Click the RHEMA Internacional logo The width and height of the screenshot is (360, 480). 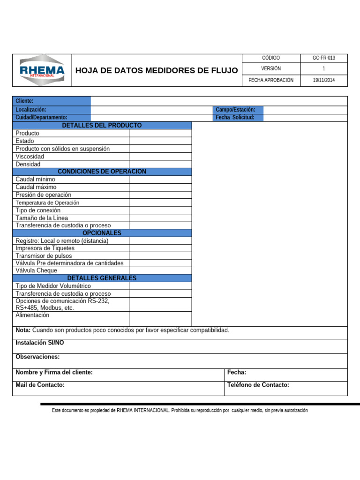42,70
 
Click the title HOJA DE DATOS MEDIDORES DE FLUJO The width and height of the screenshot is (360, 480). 157,70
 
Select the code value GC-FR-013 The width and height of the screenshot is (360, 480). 324,58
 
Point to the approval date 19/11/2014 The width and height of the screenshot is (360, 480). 324,80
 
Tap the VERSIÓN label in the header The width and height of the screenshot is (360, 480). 271,69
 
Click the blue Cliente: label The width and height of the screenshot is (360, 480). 24,101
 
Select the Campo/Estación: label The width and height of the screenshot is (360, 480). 235,110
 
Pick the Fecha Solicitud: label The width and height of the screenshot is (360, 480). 235,117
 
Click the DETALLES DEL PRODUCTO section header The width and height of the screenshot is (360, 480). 102,126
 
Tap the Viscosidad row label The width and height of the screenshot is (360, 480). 30,157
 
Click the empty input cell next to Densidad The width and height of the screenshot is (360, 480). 160,164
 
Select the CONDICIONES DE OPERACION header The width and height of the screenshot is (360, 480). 102,172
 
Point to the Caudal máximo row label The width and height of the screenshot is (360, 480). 36,187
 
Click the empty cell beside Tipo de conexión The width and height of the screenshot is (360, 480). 160,210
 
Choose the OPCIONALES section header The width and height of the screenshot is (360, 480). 102,233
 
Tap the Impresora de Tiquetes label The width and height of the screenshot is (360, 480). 45,248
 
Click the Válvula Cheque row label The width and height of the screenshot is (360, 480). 37,270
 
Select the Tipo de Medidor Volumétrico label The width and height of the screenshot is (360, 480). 53,286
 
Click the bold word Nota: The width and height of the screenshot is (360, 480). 23,330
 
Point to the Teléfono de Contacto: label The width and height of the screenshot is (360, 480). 258,385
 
